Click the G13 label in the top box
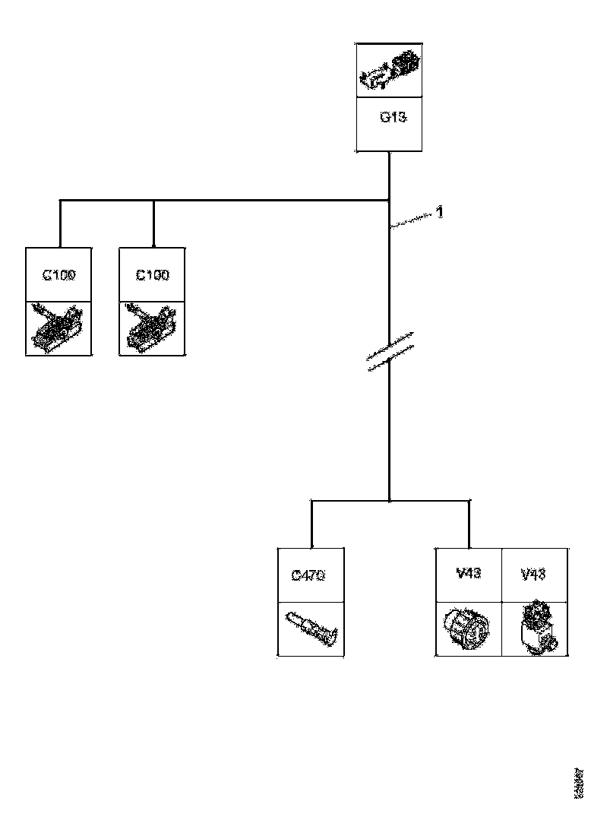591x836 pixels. click(389, 119)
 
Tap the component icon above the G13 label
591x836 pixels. click(389, 70)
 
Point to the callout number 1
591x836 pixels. click(440, 212)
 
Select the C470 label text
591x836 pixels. click(309, 575)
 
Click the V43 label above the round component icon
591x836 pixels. click(469, 574)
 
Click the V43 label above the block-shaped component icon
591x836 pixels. click(533, 574)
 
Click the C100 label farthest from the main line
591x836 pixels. click(58, 275)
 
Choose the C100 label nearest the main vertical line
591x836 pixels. click(153, 275)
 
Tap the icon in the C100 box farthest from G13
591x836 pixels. click(59, 328)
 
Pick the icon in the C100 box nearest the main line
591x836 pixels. click(153, 328)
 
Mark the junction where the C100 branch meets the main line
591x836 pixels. click(389, 201)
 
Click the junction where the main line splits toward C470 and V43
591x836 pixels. click(389, 501)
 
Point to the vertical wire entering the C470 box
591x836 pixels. click(312, 524)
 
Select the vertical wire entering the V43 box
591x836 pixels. click(469, 524)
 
